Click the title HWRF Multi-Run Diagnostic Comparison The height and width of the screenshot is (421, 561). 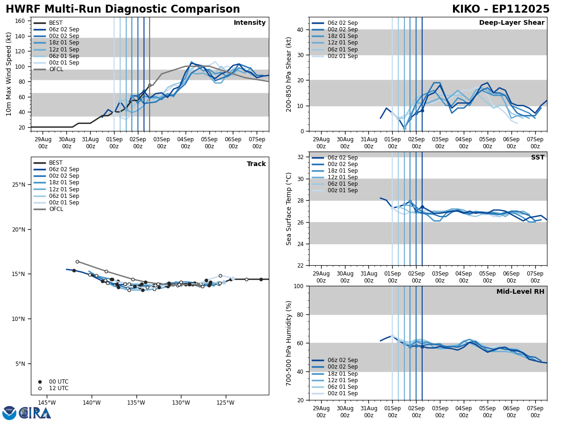(x=122, y=9)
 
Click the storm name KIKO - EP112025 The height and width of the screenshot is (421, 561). (x=501, y=9)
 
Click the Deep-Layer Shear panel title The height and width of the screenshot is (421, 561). (x=511, y=23)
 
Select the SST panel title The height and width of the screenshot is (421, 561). (x=537, y=158)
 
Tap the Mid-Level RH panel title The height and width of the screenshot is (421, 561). (x=520, y=292)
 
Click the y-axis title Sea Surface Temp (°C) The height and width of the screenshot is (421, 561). (x=289, y=209)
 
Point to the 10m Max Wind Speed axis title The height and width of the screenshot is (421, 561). (x=9, y=74)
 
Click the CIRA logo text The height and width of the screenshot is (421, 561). (x=35, y=413)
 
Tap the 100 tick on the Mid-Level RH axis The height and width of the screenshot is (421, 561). (x=298, y=286)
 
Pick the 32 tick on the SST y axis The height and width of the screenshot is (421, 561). (x=300, y=157)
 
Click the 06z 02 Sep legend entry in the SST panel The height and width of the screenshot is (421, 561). (x=343, y=158)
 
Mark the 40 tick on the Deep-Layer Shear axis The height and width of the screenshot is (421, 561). (x=300, y=29)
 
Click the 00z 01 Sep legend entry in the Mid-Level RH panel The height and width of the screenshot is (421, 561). (x=343, y=393)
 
